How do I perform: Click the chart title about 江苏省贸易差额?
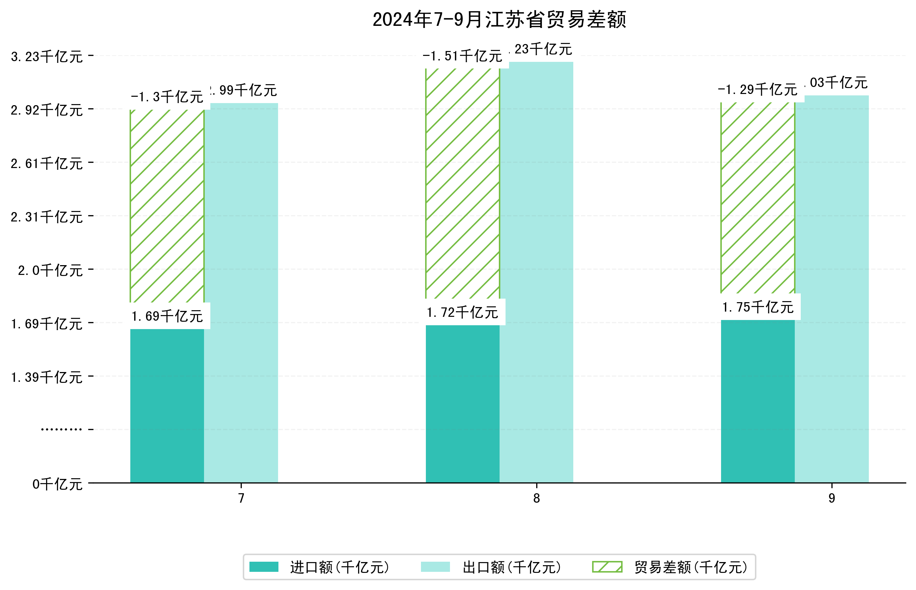point(499,20)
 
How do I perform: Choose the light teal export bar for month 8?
point(536,272)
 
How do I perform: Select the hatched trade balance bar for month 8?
point(462,183)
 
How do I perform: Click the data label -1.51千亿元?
point(462,56)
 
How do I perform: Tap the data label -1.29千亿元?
point(757,90)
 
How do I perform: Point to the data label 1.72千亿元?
point(462,313)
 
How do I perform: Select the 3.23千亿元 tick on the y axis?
point(47,57)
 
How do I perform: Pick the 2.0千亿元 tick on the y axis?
point(50,270)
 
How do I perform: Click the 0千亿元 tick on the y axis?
point(57,484)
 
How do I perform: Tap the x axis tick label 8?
point(536,498)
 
